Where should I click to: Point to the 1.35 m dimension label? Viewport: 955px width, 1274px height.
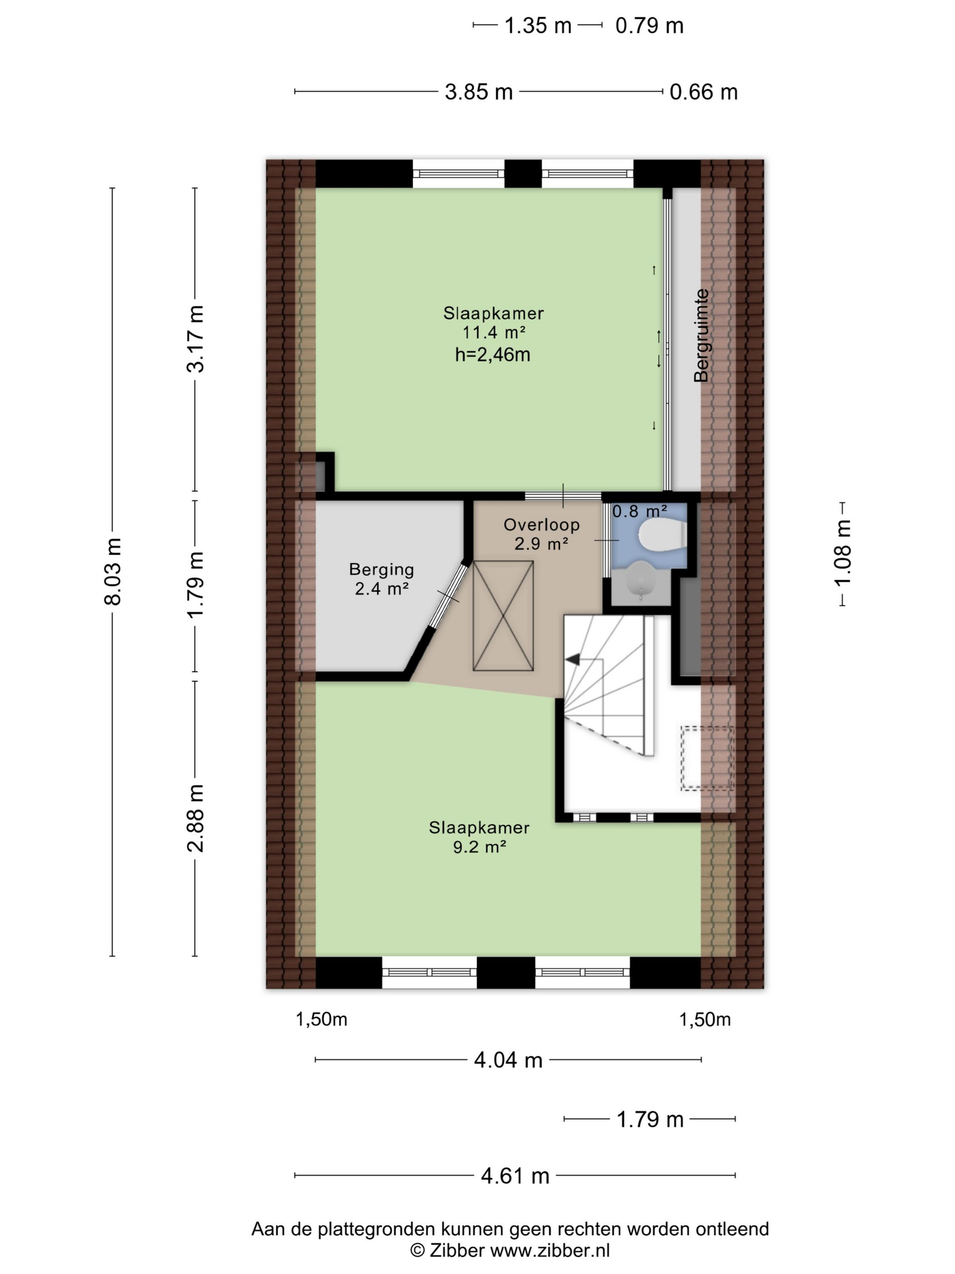tap(538, 26)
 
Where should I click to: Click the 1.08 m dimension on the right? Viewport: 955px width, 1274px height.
tap(842, 553)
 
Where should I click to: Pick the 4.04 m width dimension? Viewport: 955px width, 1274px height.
tap(508, 1060)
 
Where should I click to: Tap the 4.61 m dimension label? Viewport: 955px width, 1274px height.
tap(515, 1176)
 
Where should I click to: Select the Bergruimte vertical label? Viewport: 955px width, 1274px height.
tap(701, 335)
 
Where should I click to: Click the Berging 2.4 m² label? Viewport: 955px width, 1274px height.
tap(382, 579)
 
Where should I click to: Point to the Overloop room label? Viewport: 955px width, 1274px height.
tap(541, 525)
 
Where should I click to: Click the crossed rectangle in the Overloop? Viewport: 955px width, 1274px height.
tap(503, 616)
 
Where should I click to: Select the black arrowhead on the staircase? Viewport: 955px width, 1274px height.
tap(572, 660)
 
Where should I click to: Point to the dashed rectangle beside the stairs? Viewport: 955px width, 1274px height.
tap(708, 758)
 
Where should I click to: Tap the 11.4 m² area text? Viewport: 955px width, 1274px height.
tap(494, 332)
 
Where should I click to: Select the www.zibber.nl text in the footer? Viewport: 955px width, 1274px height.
tap(549, 1250)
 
